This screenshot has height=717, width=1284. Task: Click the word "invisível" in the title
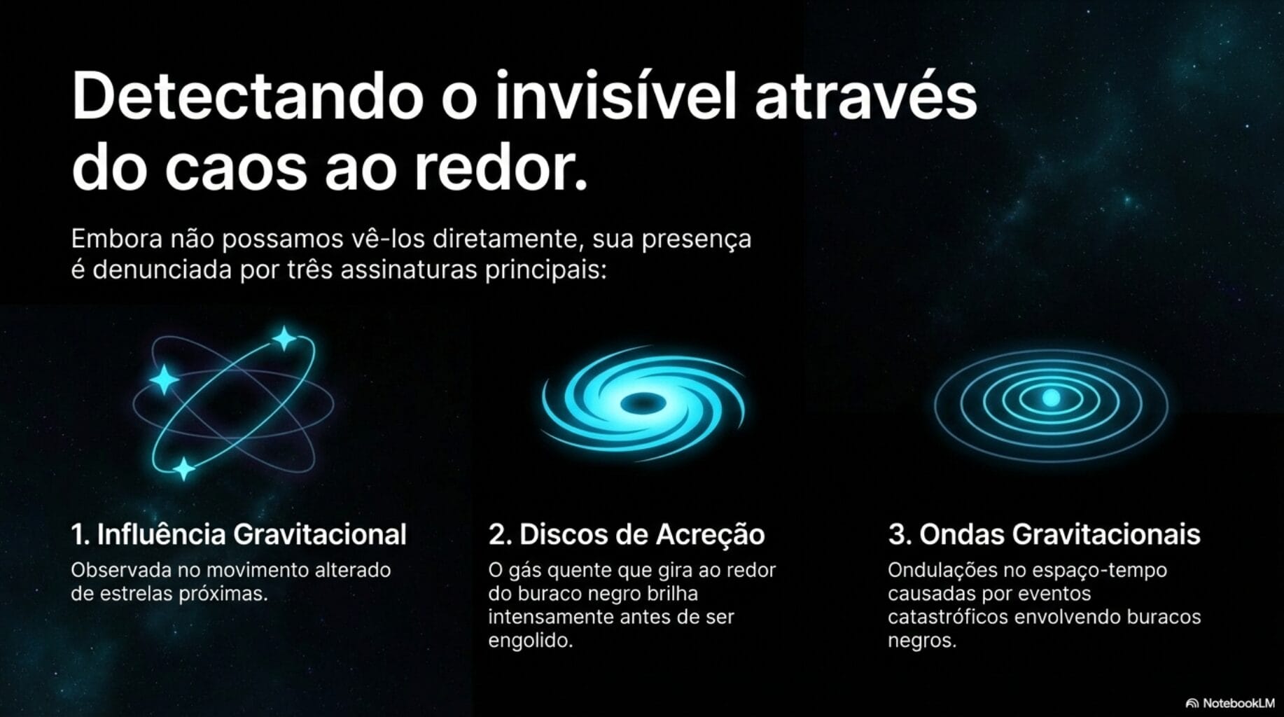[616, 97]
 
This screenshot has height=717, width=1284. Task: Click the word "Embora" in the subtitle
[116, 239]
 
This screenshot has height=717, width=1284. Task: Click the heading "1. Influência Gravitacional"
[239, 534]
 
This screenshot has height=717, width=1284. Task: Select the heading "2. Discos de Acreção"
[626, 534]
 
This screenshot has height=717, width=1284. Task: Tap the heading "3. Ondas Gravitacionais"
[1044, 534]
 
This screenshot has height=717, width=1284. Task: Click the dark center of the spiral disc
[641, 403]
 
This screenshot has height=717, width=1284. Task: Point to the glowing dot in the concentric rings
[1051, 398]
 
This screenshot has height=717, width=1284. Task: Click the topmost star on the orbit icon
[284, 339]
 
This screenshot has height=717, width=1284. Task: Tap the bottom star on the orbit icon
[184, 468]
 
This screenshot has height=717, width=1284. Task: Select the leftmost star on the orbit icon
[165, 380]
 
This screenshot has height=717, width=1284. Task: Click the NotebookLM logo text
[1238, 703]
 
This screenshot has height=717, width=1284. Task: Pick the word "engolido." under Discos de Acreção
[530, 641]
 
